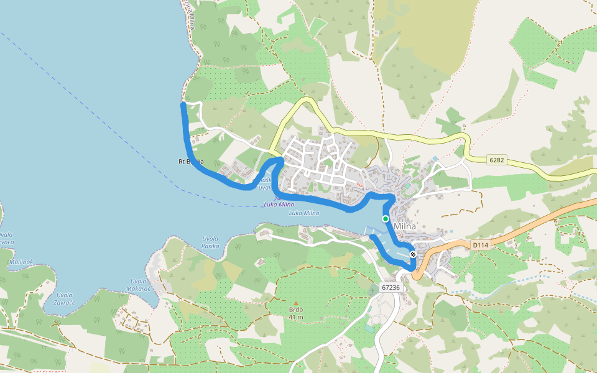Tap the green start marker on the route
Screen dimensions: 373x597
(386, 219)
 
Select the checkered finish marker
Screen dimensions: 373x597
(413, 254)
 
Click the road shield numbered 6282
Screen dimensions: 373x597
(496, 160)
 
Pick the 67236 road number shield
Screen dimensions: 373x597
(391, 288)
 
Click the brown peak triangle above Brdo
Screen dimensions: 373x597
(296, 303)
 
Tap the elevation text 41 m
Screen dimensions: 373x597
(296, 317)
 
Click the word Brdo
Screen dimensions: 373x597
(296, 310)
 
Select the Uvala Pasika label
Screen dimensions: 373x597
(210, 242)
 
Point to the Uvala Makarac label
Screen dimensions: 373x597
(138, 284)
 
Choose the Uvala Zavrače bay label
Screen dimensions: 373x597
(64, 298)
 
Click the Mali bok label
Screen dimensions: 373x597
(22, 262)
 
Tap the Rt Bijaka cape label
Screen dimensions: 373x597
(191, 162)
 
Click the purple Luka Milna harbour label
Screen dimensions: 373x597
(279, 204)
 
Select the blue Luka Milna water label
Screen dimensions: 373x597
(304, 213)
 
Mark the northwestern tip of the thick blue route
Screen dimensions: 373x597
(183, 105)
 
